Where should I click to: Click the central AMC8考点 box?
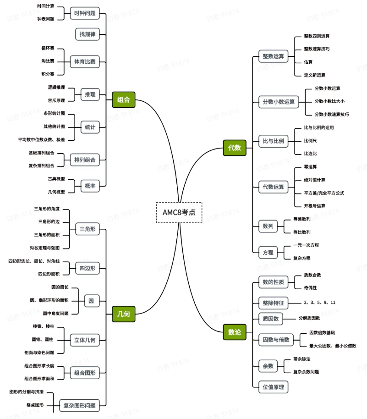[179, 212]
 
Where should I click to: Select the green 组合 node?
[124, 99]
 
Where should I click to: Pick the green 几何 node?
[124, 314]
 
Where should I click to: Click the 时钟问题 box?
[85, 13]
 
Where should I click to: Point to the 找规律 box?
[88, 34]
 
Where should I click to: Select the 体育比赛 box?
[85, 61]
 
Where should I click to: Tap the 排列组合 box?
[85, 160]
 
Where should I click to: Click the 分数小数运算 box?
[279, 102]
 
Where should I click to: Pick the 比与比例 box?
[273, 141]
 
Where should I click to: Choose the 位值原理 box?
[273, 387]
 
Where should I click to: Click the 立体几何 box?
[85, 340]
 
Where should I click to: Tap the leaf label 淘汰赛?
[48, 61]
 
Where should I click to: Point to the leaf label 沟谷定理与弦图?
[44, 248]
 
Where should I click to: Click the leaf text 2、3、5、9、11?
[319, 303]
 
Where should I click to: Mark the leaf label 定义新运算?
[314, 75]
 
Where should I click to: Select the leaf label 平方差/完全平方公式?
[324, 193]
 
